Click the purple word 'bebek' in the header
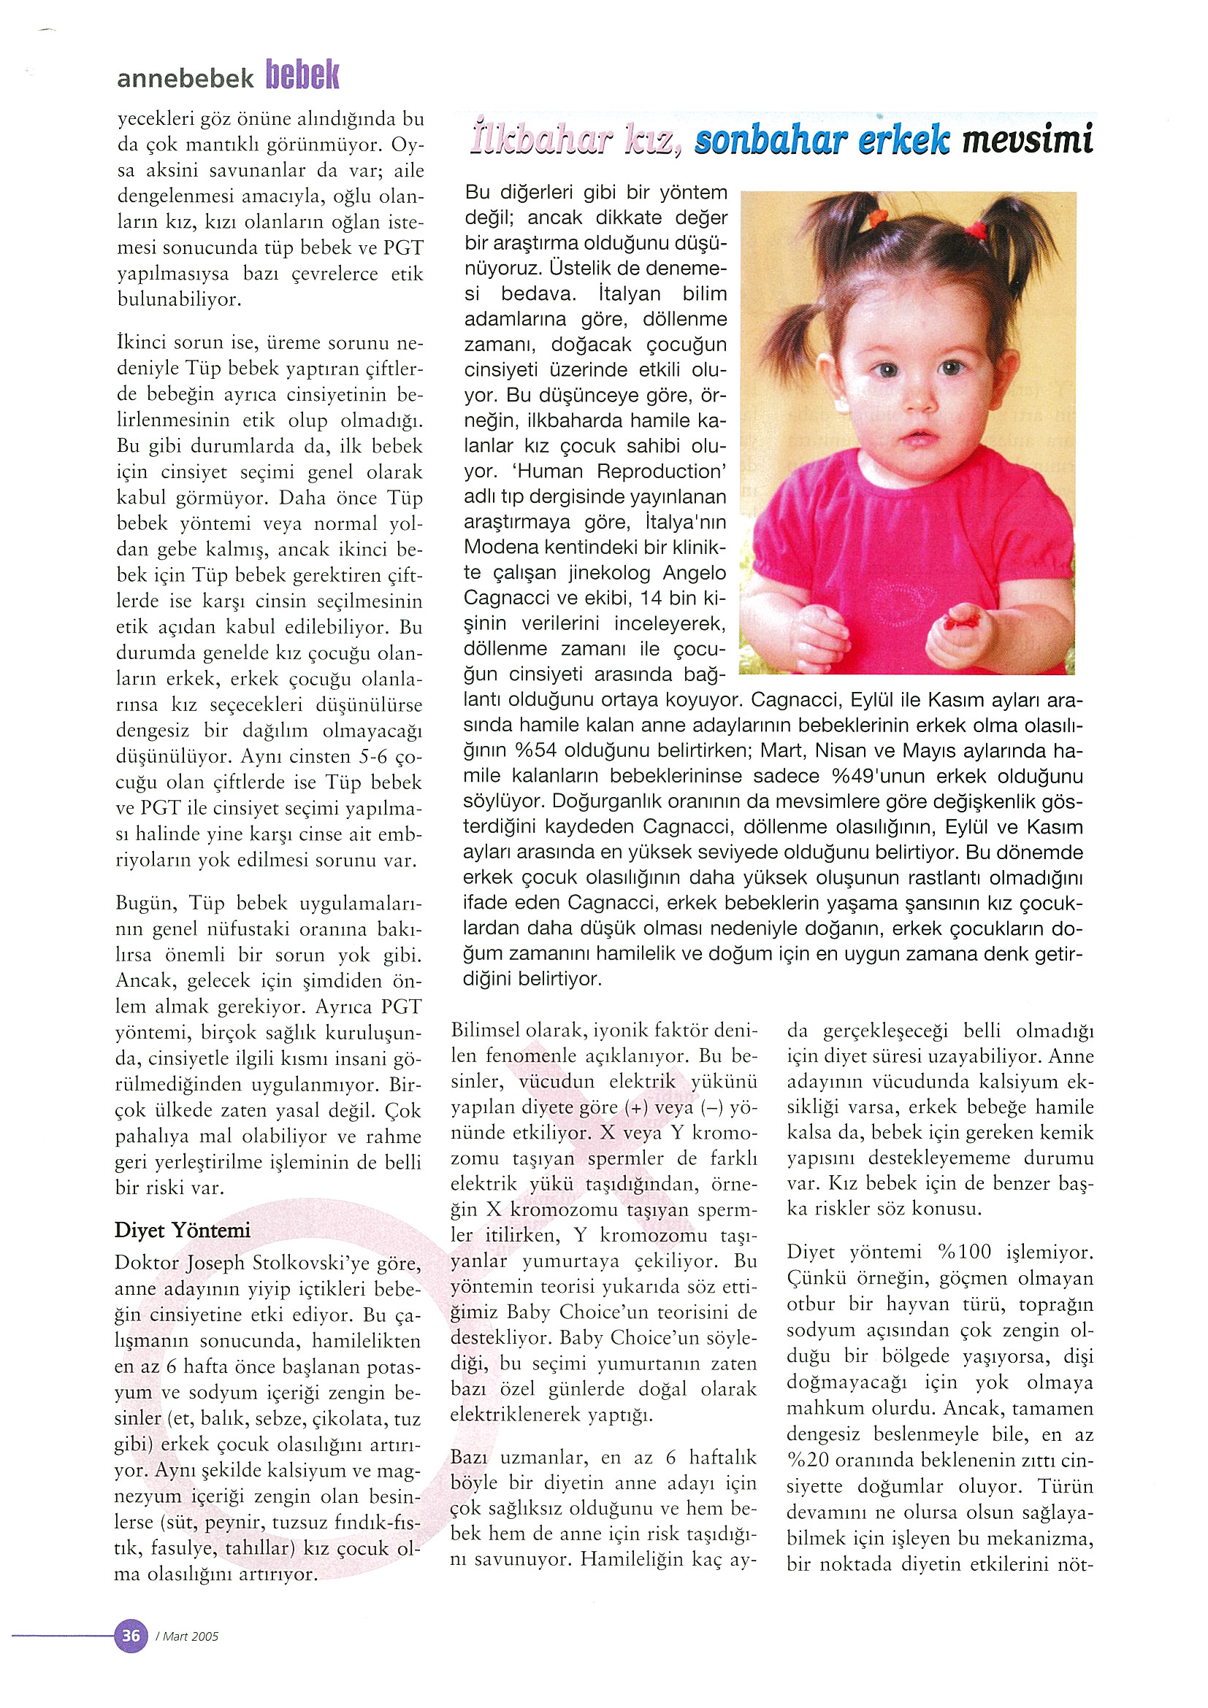pyautogui.click(x=302, y=76)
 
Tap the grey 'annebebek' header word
pyautogui.click(x=186, y=78)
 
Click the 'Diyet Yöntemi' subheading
pyautogui.click(x=183, y=1230)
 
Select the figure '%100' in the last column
pyautogui.click(x=964, y=1252)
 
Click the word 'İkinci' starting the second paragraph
pyautogui.click(x=140, y=343)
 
